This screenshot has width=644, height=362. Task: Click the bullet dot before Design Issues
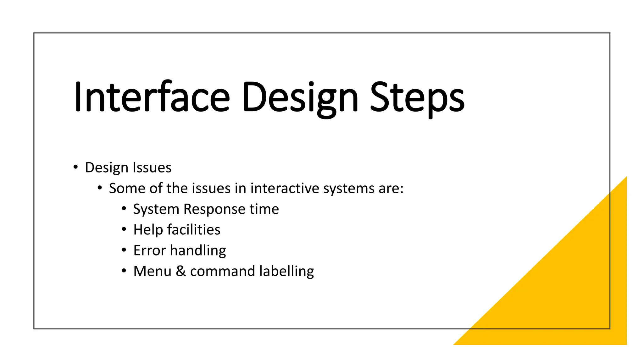click(75, 167)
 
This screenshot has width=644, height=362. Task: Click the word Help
click(148, 230)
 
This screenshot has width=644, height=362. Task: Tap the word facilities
click(194, 230)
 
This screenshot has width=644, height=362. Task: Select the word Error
click(149, 250)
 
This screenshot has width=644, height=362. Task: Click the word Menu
click(152, 271)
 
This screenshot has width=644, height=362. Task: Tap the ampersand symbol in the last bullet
click(180, 271)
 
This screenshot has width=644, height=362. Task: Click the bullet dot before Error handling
click(124, 250)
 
